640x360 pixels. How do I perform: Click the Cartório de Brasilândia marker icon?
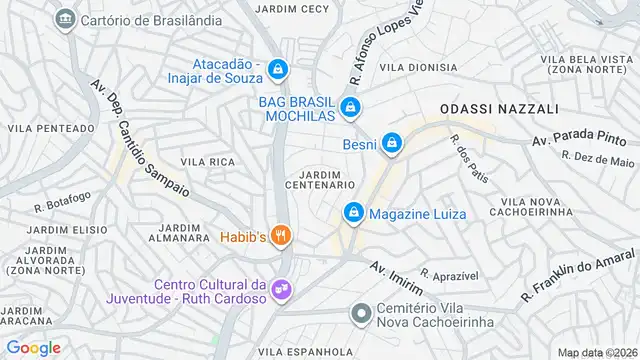click(66, 19)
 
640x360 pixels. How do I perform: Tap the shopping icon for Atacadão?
click(279, 70)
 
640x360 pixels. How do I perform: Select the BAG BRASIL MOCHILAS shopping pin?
click(350, 106)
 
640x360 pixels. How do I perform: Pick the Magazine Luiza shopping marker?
click(353, 213)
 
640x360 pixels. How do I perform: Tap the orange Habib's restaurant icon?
click(283, 236)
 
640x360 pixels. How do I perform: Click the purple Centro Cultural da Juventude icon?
click(283, 288)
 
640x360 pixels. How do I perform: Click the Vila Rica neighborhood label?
click(207, 161)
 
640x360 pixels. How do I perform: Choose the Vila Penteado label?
click(47, 128)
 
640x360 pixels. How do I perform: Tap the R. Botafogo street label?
click(62, 203)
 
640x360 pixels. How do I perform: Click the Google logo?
click(34, 348)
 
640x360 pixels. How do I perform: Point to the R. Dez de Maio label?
click(598, 159)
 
